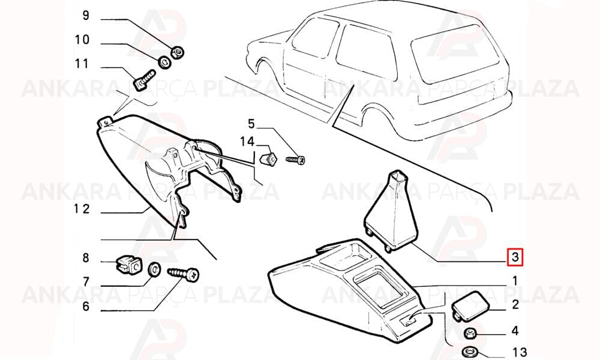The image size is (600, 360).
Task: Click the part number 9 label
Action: point(86,16)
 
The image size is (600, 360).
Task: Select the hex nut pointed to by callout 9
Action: point(177,52)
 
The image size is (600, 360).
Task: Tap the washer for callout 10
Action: point(164,62)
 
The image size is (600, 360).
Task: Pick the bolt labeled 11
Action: point(144,79)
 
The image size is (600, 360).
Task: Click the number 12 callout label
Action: point(82,209)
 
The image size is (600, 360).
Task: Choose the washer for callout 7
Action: point(154,269)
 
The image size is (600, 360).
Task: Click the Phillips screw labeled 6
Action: point(184,274)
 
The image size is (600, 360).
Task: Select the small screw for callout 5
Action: point(295,159)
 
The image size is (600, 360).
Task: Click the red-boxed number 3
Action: point(515,257)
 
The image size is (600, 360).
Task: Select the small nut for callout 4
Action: point(470,333)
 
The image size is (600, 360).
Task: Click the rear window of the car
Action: point(455,53)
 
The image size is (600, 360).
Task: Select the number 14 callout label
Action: point(247,142)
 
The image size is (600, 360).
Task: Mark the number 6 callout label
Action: point(86,306)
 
